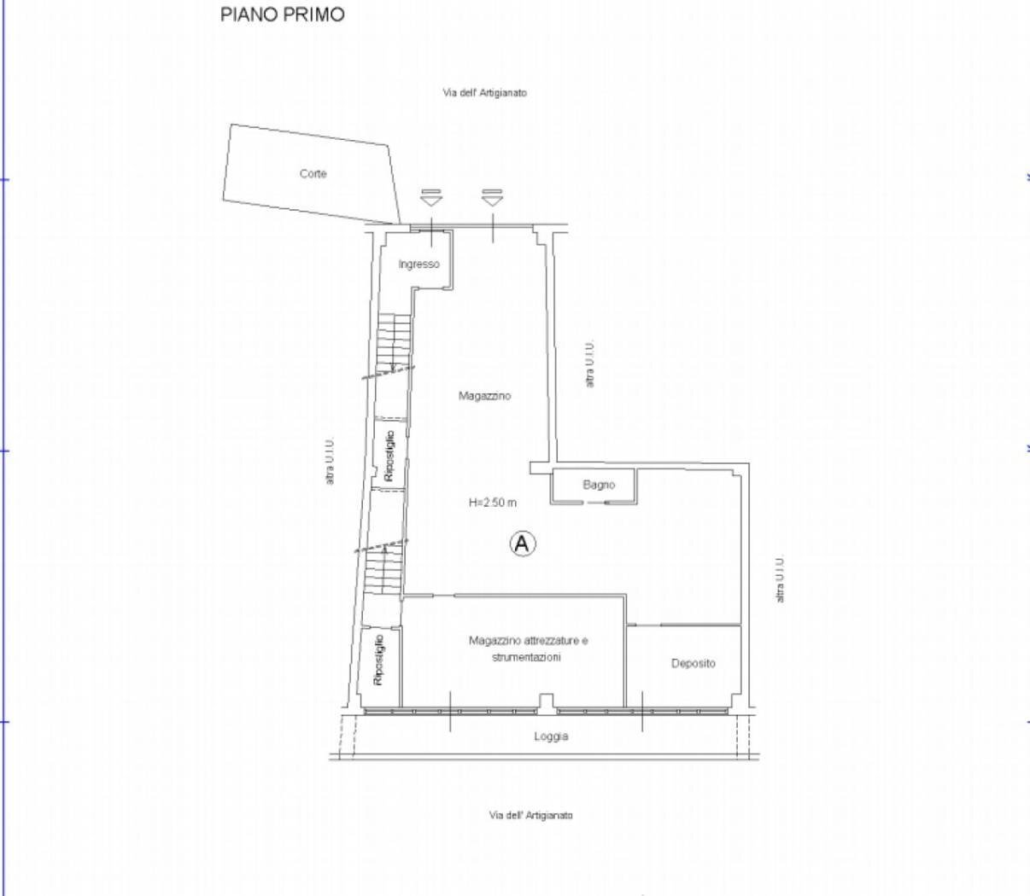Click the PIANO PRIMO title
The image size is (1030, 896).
(283, 15)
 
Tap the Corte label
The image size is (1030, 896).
(313, 173)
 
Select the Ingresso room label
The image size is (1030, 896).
(418, 264)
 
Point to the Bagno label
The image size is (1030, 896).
(599, 485)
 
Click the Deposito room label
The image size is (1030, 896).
(693, 663)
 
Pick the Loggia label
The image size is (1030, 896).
(551, 736)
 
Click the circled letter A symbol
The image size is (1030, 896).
(523, 544)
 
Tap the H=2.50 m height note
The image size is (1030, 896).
(492, 503)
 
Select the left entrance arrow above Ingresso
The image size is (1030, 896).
(431, 198)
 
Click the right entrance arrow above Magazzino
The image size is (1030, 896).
(492, 198)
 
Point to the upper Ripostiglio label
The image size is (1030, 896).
(389, 456)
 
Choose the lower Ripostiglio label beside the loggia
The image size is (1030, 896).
(379, 660)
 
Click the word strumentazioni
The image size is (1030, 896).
(526, 657)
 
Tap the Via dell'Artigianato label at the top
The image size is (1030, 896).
(485, 92)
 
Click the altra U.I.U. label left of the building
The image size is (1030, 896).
(330, 461)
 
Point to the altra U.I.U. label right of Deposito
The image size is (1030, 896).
(780, 579)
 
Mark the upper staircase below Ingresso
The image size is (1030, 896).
(395, 343)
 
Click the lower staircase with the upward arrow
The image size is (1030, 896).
(383, 568)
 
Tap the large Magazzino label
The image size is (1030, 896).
(484, 396)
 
